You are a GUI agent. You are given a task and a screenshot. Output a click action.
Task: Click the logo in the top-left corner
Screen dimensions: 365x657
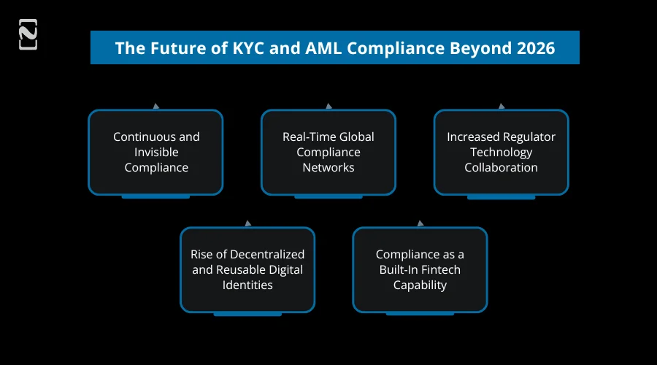tap(28, 34)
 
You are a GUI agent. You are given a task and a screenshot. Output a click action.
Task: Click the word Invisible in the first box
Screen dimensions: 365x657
tap(156, 152)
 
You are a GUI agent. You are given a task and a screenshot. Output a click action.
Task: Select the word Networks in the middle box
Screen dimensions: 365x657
tap(328, 167)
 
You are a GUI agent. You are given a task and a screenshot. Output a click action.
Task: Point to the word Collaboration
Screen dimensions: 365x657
tap(501, 167)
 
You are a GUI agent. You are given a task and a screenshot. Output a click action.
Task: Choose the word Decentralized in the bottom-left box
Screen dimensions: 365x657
tap(266, 254)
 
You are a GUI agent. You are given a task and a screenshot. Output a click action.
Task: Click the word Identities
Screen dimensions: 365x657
tap(247, 285)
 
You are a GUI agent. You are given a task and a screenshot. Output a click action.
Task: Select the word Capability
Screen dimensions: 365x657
tap(420, 285)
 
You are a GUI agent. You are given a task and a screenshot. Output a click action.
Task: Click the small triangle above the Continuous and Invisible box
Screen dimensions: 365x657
tap(156, 107)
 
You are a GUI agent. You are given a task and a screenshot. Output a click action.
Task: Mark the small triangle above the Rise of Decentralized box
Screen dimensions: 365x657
tap(247, 223)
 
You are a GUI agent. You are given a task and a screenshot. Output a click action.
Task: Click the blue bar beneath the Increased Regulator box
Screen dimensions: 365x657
tap(501, 197)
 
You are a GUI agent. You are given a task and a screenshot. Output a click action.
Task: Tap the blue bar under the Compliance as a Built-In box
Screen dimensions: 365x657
tap(420, 314)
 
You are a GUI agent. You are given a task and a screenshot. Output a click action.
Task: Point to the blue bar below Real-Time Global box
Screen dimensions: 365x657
tap(328, 197)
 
